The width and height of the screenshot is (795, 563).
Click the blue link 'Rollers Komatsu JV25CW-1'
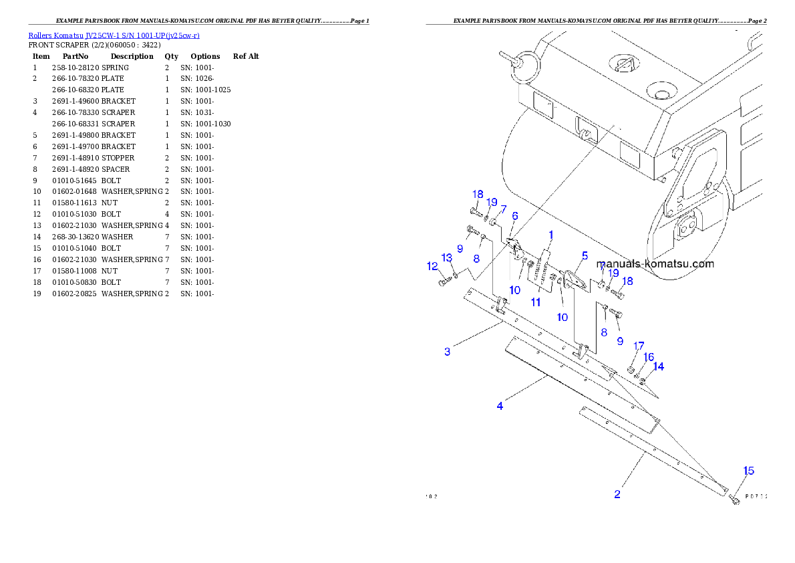click(114, 35)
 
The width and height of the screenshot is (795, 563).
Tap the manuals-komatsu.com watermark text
click(655, 263)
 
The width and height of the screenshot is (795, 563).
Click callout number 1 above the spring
click(551, 235)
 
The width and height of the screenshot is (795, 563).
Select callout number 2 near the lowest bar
click(617, 494)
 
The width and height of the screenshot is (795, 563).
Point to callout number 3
click(448, 351)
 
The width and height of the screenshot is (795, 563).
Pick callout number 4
click(500, 406)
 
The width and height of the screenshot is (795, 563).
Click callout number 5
click(585, 255)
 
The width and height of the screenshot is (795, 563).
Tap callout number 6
click(515, 216)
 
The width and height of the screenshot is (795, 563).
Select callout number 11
click(535, 302)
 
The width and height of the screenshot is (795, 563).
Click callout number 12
click(432, 266)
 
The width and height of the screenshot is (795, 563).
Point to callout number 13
click(447, 258)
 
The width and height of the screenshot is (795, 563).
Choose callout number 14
click(659, 366)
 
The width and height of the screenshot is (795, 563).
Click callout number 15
click(749, 471)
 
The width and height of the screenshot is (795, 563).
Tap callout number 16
click(649, 357)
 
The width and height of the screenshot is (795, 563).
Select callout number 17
click(639, 346)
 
